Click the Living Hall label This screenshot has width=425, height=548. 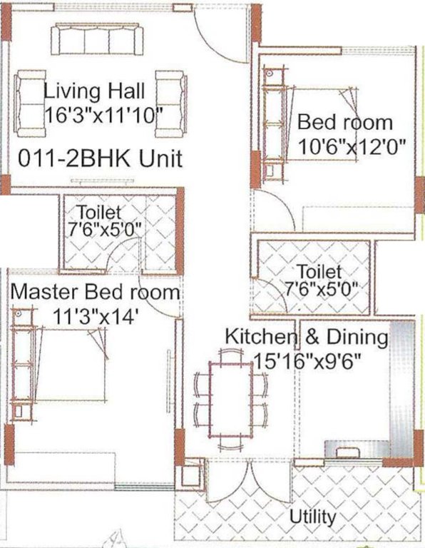[x=95, y=92]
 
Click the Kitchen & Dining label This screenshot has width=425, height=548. [x=307, y=336]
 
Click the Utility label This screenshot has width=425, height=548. [x=313, y=516]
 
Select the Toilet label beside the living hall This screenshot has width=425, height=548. [x=100, y=212]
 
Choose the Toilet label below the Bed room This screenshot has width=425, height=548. [x=319, y=272]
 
